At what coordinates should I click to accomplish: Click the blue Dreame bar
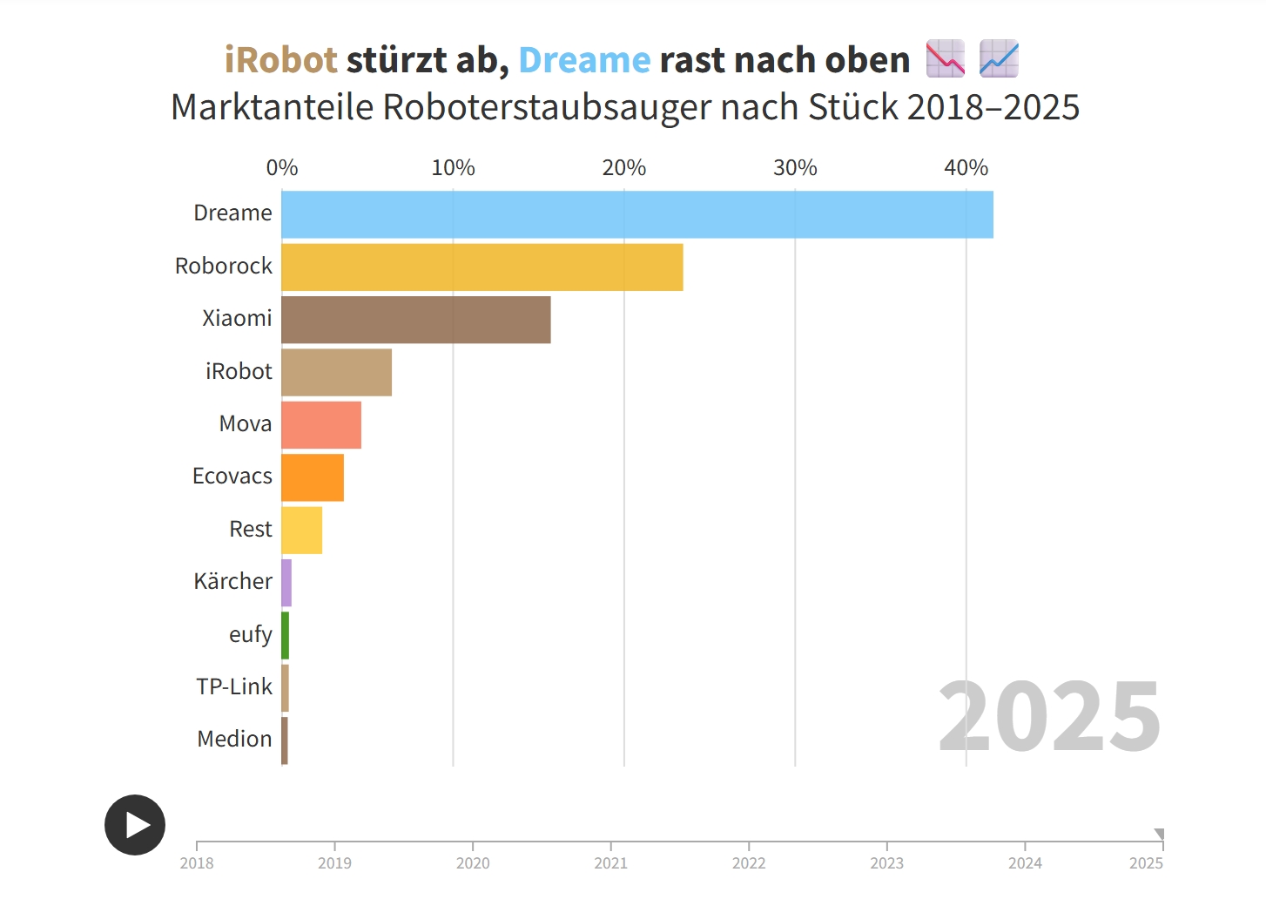coord(636,214)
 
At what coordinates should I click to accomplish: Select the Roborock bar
coord(481,267)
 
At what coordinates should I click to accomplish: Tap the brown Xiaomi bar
coord(415,320)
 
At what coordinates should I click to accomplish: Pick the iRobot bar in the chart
coord(336,373)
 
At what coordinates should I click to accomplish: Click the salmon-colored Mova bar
coord(320,425)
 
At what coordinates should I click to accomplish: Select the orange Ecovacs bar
coord(312,477)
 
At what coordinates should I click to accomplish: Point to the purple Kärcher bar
coord(286,583)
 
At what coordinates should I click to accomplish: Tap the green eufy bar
coord(285,635)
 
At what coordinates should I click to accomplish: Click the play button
coord(135,824)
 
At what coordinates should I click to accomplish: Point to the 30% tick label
coord(795,168)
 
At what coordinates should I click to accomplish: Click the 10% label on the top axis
coord(453,168)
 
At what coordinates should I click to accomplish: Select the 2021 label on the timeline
coord(610,863)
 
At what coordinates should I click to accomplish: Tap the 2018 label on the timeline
coord(197,863)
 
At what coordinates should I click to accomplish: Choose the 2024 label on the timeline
coord(1025,863)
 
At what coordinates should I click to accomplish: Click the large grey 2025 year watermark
coord(1049,716)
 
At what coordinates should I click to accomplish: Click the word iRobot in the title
coord(280,60)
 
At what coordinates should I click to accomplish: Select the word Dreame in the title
coord(584,60)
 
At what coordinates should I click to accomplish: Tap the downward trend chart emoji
coord(945,58)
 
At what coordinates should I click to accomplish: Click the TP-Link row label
coord(234,686)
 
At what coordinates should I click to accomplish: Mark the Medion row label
coord(234,739)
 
